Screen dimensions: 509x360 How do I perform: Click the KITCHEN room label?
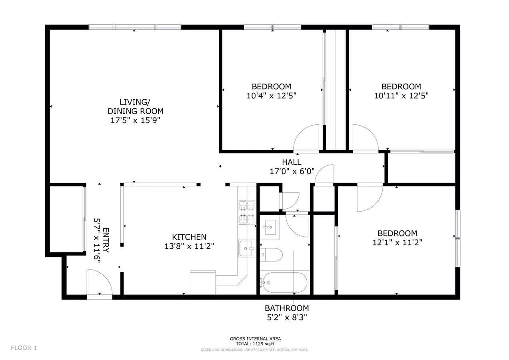(189, 237)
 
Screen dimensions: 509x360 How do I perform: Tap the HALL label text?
(292, 162)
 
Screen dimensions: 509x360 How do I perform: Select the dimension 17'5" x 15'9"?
(135, 120)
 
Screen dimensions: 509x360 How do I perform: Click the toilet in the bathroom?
(271, 255)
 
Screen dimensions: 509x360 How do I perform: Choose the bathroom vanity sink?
(270, 227)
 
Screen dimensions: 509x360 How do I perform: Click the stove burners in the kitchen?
(247, 212)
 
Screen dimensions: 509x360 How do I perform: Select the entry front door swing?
(100, 282)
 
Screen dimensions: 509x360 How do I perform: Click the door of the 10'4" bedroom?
(306, 138)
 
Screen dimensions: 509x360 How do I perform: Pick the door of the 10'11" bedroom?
(365, 138)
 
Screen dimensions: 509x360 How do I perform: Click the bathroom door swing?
(297, 225)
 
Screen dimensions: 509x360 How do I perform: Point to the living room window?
(135, 27)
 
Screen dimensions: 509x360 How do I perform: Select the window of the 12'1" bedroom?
(458, 238)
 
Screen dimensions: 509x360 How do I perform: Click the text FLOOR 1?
(24, 348)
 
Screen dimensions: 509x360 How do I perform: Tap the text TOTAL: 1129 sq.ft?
(255, 344)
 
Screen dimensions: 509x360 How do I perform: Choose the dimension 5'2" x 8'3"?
(287, 317)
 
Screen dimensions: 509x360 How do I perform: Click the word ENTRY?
(106, 240)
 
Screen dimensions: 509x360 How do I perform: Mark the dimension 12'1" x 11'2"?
(397, 242)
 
